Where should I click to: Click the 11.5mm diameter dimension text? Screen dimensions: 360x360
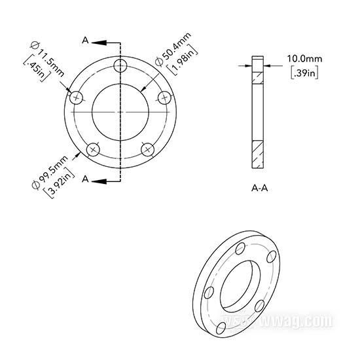pyautogui.click(x=47, y=58)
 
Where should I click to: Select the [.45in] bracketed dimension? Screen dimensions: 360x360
pyautogui.click(x=37, y=69)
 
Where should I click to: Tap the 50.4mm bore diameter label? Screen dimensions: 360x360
pyautogui.click(x=173, y=49)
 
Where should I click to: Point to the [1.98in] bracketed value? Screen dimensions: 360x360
pyautogui.click(x=183, y=61)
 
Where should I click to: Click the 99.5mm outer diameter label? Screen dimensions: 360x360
pyautogui.click(x=50, y=172)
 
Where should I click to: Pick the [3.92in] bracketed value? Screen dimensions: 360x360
pyautogui.click(x=59, y=183)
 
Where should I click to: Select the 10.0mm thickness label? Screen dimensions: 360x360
pyautogui.click(x=304, y=59)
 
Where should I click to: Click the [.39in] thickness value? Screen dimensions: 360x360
pyautogui.click(x=304, y=73)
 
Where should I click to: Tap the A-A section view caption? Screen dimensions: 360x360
pyautogui.click(x=260, y=189)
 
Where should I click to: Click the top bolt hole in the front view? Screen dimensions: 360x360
pyautogui.click(x=120, y=65)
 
